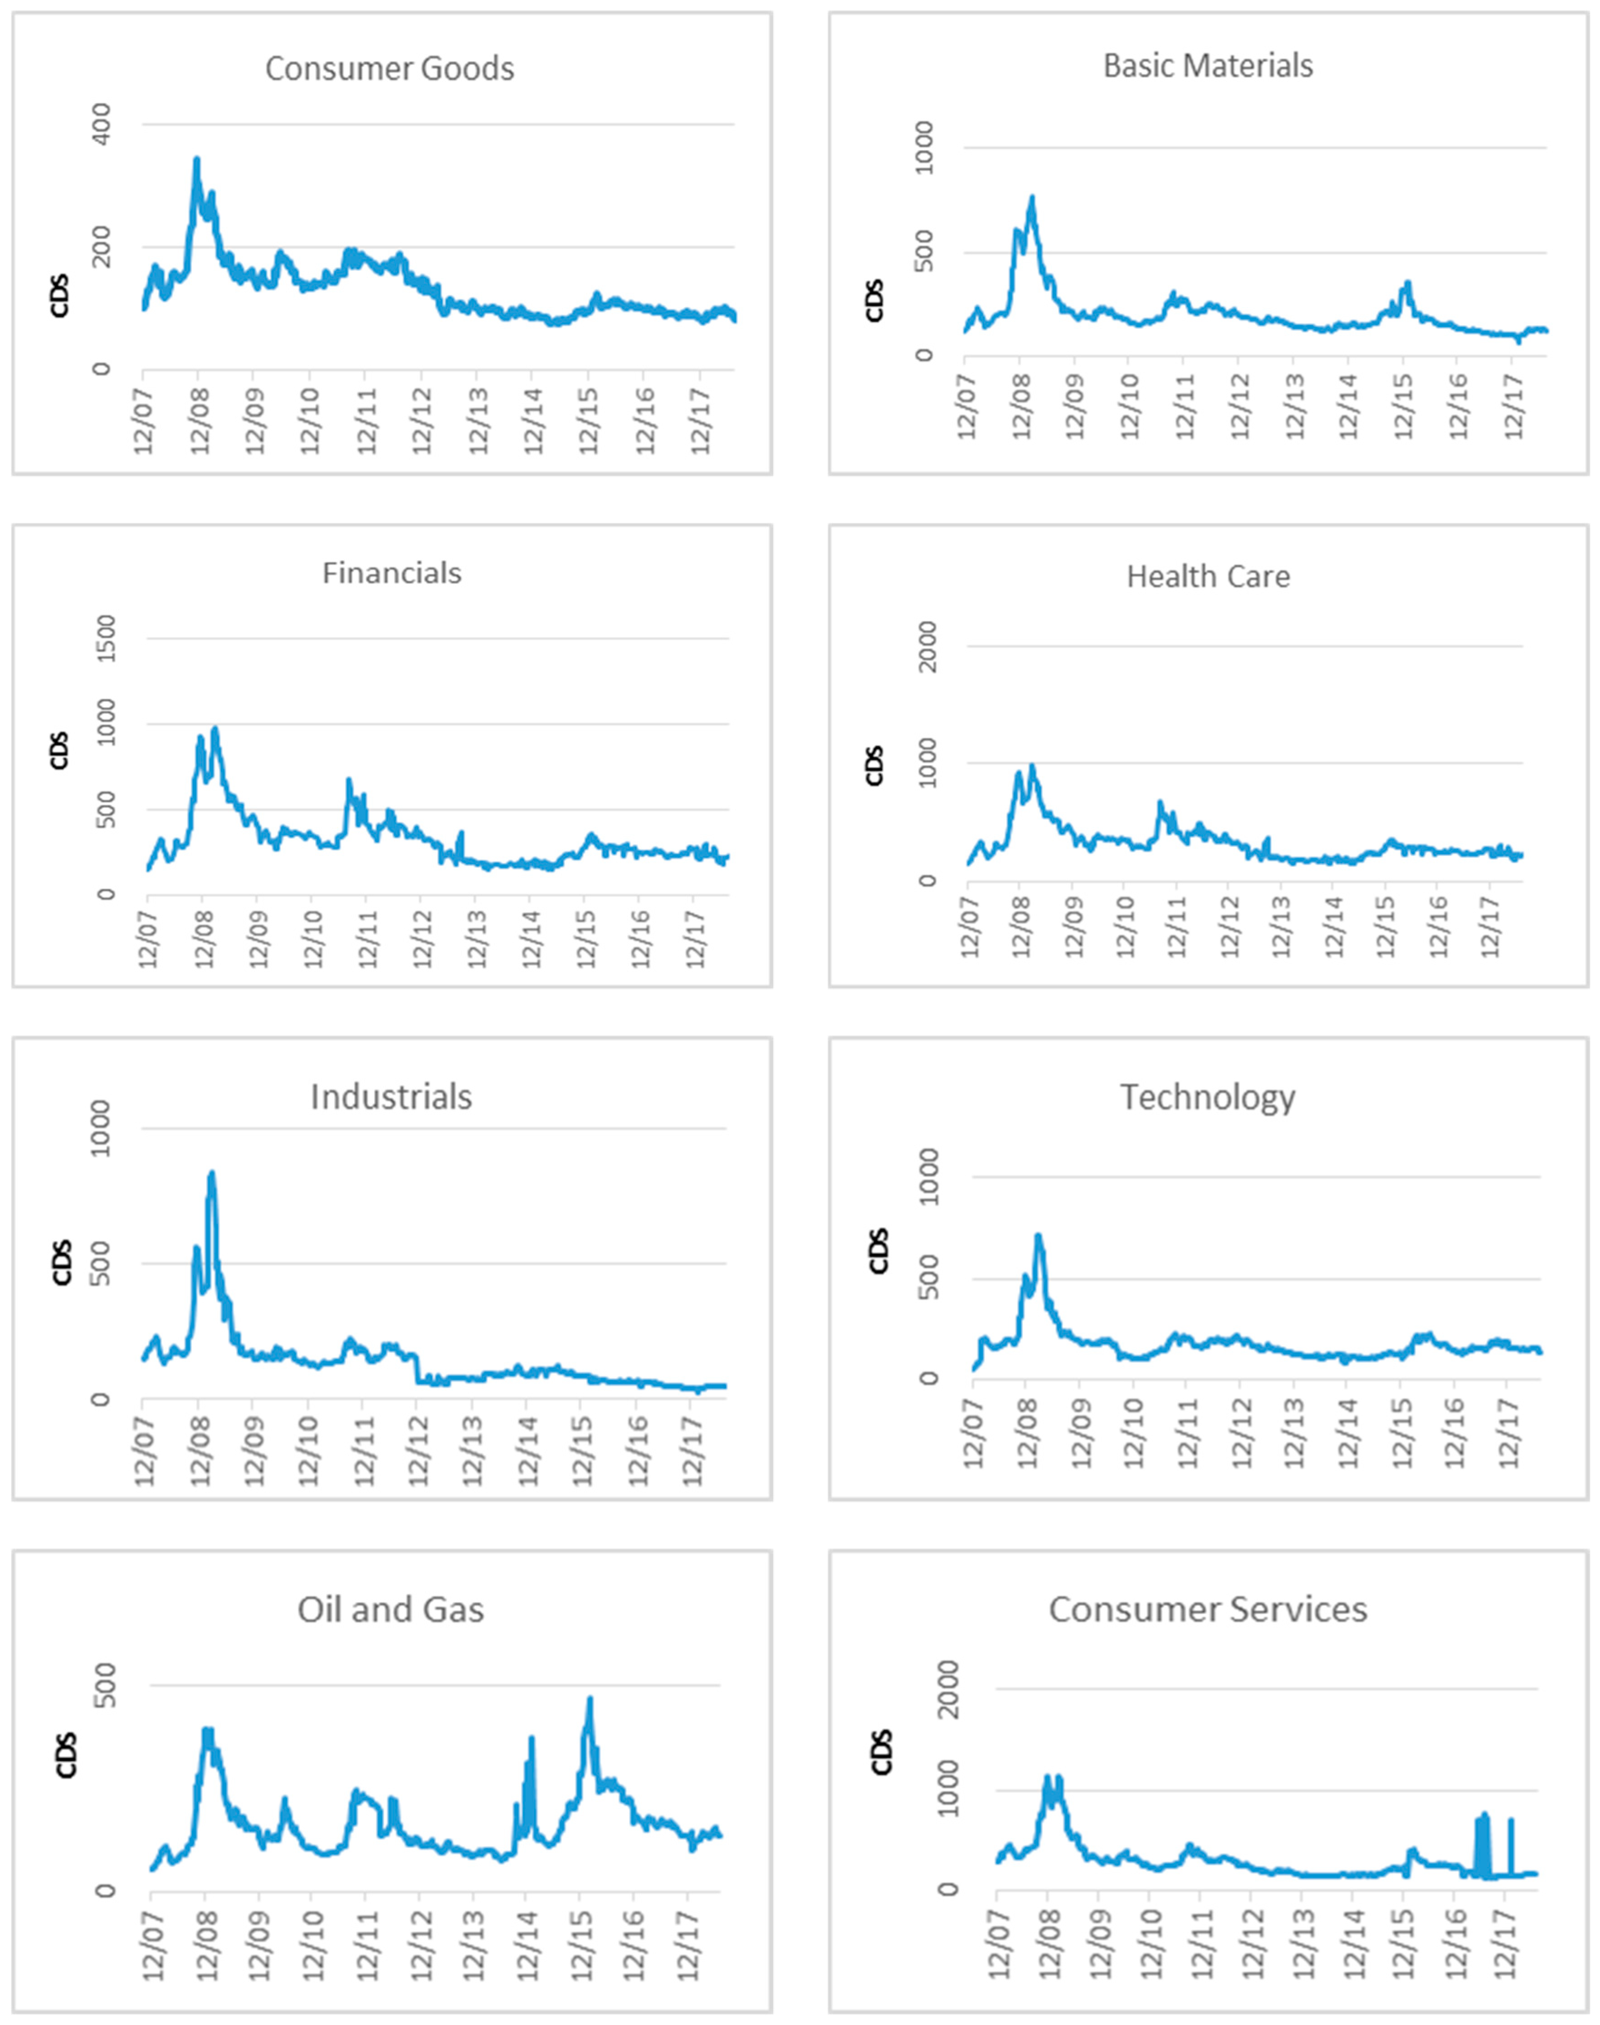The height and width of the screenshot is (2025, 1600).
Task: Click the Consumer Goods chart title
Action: coord(390,68)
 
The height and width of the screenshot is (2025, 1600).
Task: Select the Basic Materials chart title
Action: coord(1208,66)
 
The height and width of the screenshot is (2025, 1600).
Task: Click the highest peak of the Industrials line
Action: coord(212,1173)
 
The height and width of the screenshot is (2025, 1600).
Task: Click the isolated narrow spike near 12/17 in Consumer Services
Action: coord(1510,1820)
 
